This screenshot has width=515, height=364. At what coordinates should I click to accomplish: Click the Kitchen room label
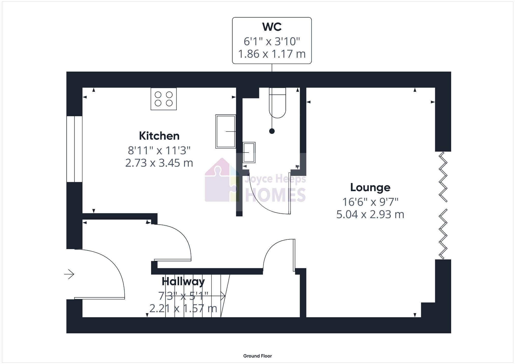159,136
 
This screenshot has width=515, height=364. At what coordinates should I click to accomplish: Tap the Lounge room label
370,188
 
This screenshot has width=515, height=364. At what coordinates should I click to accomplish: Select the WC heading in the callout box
272,27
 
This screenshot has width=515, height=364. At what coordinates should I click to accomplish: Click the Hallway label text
183,282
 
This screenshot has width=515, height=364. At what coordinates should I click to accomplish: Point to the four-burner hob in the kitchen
164,99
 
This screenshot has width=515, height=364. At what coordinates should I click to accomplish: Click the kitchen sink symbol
225,131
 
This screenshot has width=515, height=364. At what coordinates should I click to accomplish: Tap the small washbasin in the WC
249,153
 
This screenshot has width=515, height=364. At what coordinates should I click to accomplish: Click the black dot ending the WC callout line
272,131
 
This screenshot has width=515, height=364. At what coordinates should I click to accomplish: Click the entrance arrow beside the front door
69,274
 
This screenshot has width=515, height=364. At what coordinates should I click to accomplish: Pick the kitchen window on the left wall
74,149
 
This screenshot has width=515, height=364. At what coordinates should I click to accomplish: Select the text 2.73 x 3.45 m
159,163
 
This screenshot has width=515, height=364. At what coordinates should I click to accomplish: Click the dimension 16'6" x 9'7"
370,202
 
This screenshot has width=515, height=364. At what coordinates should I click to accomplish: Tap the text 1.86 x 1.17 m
272,54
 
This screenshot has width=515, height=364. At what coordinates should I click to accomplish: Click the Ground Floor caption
257,356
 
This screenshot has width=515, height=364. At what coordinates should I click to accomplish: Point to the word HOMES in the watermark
275,195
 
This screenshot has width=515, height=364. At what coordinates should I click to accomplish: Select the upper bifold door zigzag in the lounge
443,177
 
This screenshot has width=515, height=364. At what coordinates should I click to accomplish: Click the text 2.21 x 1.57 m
183,309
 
